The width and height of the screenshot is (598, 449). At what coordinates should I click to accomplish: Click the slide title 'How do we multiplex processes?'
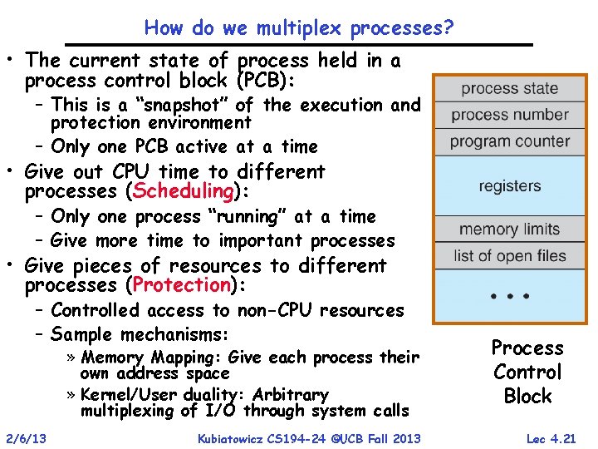coord(299,27)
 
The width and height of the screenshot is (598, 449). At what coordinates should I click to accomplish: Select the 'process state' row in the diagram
coord(509,89)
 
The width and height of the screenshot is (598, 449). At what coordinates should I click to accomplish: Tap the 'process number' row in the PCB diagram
coord(509,115)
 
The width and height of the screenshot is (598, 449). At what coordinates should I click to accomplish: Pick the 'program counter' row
coord(509,141)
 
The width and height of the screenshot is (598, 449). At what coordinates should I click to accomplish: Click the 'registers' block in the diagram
coord(509,185)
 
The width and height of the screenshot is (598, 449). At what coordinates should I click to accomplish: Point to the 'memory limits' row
coord(509,229)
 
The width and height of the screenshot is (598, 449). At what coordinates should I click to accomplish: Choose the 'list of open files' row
coord(509,256)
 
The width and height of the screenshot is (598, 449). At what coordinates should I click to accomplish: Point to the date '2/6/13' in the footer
coord(27,438)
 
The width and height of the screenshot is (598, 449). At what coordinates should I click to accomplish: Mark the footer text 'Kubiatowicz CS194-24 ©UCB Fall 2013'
coord(309,438)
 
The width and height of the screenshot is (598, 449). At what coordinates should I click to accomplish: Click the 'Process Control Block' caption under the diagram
coord(527,372)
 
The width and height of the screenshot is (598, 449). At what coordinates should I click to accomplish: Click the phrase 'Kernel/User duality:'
coord(163,394)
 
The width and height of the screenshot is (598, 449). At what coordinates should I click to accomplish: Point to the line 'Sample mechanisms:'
coord(139,334)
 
